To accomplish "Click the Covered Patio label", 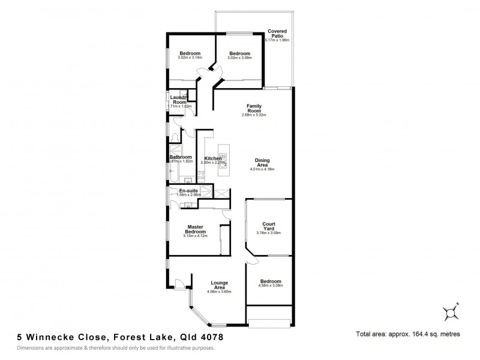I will tap(277, 32).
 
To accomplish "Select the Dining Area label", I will tap(262, 163).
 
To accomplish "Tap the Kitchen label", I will tap(213, 158).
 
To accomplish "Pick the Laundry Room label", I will tap(179, 99).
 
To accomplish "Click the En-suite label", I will tap(188, 190).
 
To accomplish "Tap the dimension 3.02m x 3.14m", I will tap(190, 58).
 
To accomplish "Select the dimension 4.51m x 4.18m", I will tap(262, 170).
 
